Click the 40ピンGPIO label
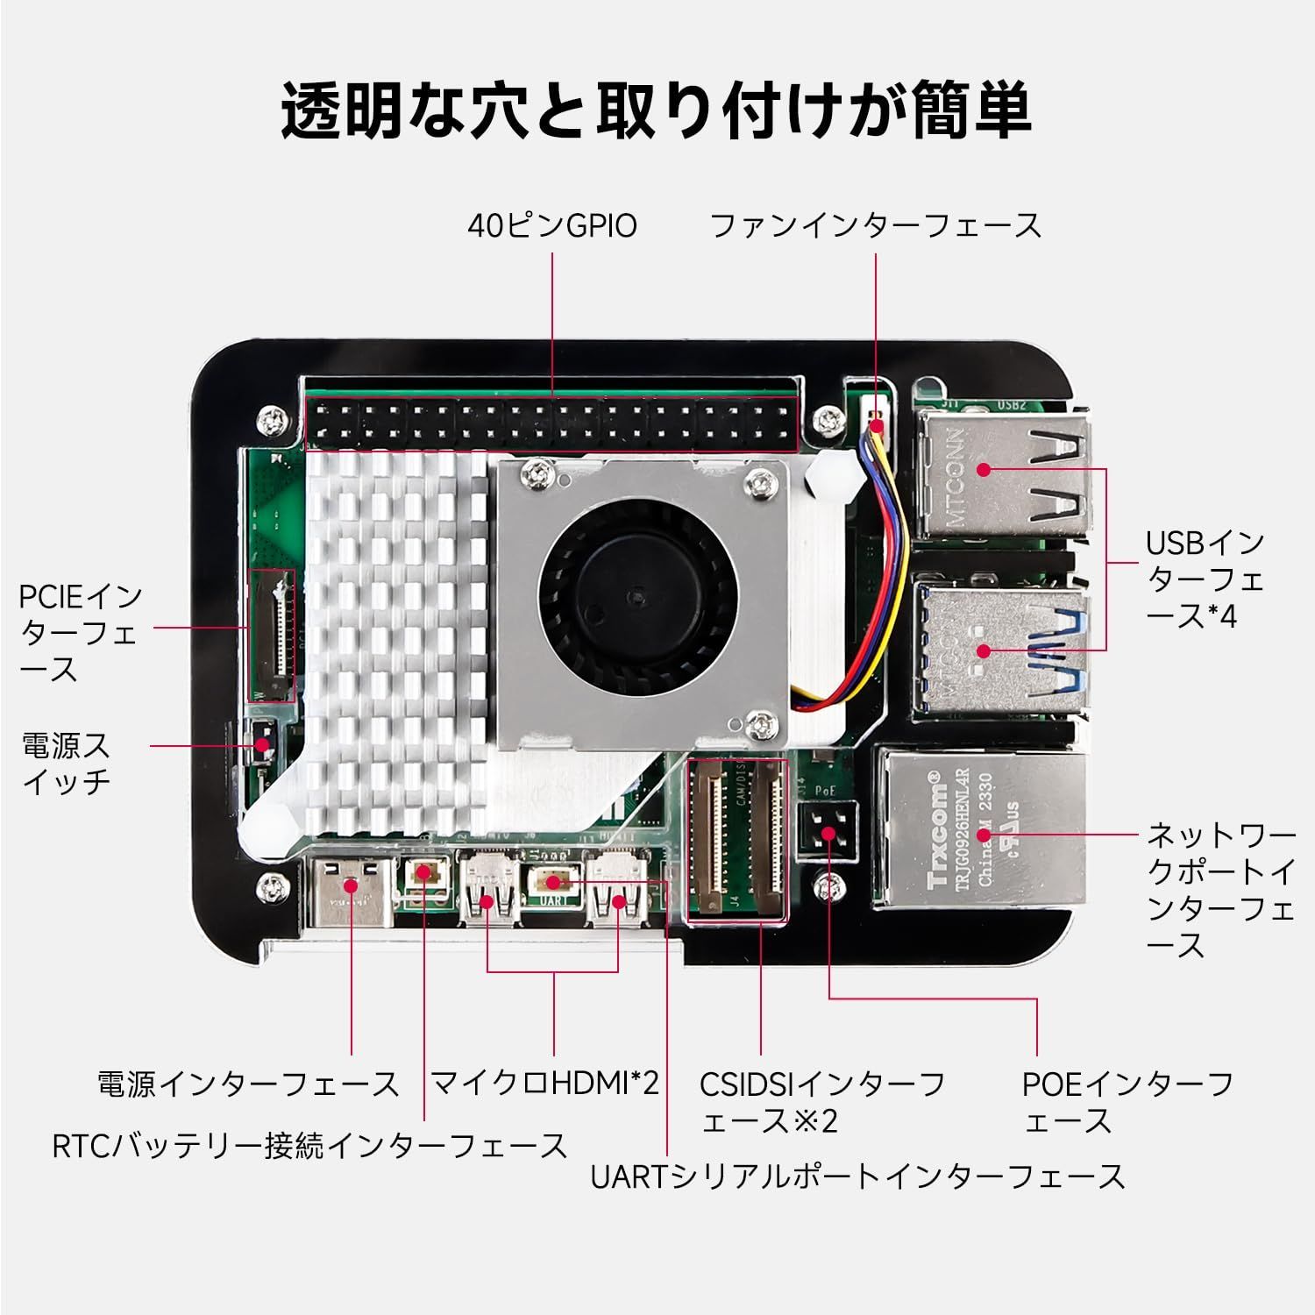(552, 226)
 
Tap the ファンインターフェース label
(876, 226)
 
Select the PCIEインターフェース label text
(81, 634)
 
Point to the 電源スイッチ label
(67, 764)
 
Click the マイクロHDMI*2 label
(544, 1084)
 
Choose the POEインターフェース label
(1128, 1102)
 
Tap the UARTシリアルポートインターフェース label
(858, 1176)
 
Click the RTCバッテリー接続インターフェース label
(310, 1146)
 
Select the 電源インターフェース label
(248, 1084)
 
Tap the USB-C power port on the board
(351, 888)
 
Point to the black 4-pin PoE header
(826, 834)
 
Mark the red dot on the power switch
(260, 746)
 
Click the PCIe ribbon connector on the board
(272, 633)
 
